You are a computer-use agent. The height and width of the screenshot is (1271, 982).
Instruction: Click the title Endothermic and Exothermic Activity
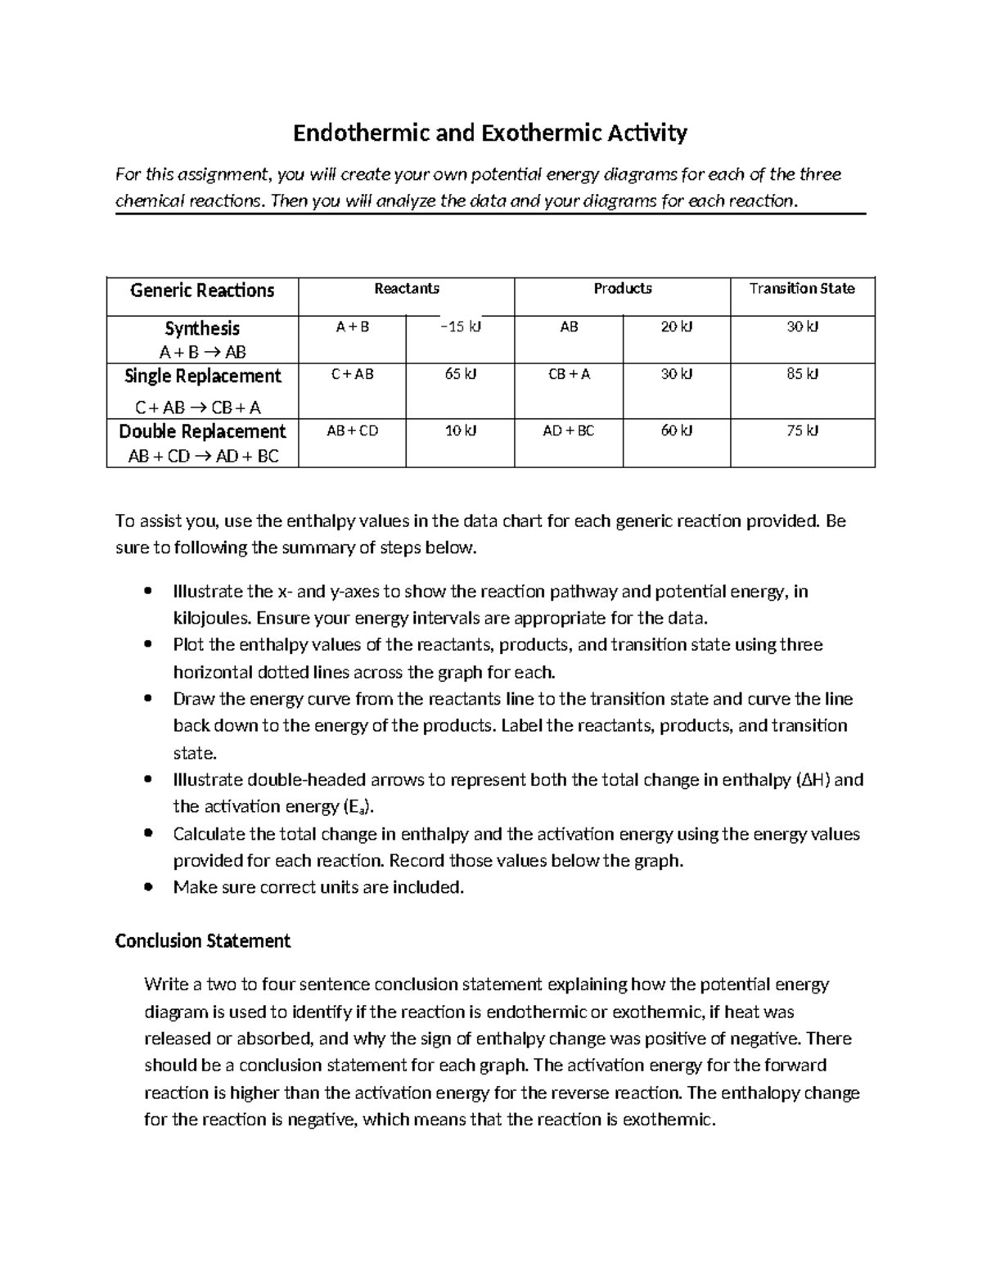[x=490, y=133]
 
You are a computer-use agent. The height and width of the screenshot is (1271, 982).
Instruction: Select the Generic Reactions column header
[x=202, y=291]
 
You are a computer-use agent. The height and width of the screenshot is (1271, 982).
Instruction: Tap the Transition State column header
[x=802, y=288]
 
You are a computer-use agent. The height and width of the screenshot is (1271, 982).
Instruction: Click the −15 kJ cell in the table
[x=460, y=327]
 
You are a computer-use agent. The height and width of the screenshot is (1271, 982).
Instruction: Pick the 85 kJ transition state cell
[x=802, y=374]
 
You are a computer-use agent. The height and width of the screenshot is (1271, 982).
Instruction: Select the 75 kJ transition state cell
[x=802, y=430]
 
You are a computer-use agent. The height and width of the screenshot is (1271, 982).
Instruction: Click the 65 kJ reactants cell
[x=460, y=374]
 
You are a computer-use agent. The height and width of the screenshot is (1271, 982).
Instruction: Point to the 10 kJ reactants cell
[x=460, y=430]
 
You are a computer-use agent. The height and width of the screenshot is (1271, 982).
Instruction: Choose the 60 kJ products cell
[x=677, y=430]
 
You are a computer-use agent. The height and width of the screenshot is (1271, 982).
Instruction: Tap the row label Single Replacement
[x=202, y=376]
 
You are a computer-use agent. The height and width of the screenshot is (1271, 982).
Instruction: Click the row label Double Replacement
[x=202, y=431]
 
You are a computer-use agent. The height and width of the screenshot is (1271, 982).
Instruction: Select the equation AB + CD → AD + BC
[x=203, y=457]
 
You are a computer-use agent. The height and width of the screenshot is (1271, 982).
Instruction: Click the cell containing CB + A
[x=569, y=374]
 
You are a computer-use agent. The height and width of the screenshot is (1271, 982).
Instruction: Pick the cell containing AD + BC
[x=569, y=430]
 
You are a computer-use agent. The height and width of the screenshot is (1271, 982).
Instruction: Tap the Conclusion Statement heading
[x=203, y=941]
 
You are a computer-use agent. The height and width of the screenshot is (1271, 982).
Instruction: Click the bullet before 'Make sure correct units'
[x=147, y=887]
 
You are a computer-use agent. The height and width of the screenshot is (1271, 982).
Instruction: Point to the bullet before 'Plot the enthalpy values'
[x=147, y=645]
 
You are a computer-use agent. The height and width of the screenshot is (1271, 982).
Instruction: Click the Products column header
[x=622, y=288]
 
